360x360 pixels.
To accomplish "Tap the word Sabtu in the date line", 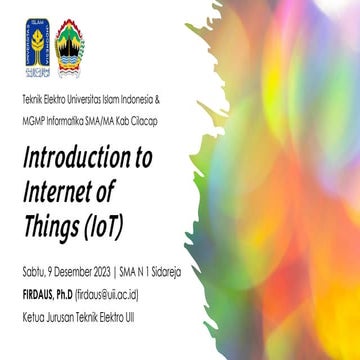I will pos(32,268).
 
